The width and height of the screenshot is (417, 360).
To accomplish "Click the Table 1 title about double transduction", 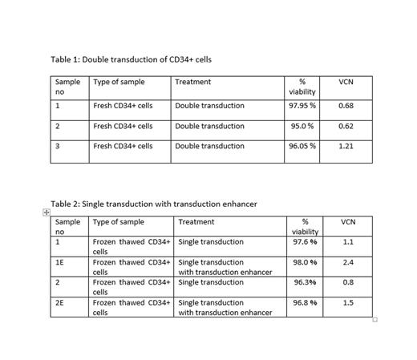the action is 131,59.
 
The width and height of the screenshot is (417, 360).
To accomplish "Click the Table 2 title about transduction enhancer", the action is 154,204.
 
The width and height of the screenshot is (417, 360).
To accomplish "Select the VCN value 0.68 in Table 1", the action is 346,106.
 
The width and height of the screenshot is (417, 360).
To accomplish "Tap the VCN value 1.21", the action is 346,146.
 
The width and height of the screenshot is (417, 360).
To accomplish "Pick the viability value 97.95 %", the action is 302,106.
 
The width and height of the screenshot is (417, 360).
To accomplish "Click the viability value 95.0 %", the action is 302,126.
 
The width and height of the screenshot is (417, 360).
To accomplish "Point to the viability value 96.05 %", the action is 302,146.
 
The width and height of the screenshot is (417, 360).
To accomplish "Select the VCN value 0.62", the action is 346,126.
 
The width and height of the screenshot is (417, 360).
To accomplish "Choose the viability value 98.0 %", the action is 305,262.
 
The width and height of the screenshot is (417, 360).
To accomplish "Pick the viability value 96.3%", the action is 305,282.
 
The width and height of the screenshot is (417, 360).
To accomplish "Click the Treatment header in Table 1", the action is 192,82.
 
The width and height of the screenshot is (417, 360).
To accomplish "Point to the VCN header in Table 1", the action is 346,82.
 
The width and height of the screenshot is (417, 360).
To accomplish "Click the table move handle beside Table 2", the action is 46,212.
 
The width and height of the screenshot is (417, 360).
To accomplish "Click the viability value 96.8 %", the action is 305,302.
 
